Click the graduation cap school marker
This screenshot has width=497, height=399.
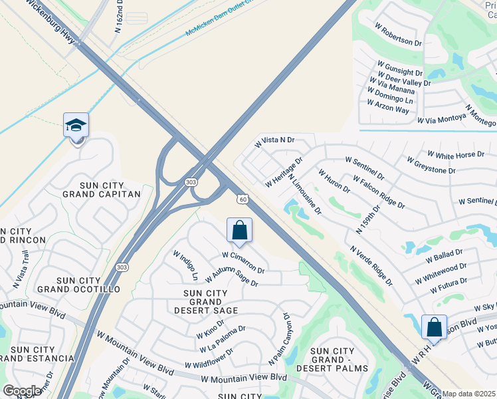click(76, 126)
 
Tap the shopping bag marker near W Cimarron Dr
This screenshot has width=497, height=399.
click(239, 231)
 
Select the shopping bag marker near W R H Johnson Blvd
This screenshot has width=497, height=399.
click(434, 328)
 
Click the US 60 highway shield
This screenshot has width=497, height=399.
click(243, 199)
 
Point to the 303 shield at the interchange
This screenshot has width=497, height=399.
click(191, 182)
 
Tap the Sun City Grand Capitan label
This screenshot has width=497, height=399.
click(102, 188)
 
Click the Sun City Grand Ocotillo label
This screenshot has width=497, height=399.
click(78, 284)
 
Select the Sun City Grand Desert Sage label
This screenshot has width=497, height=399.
click(210, 302)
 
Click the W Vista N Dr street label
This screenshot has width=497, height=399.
click(274, 142)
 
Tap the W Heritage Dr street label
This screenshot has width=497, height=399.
click(284, 172)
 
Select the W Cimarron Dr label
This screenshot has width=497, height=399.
click(243, 263)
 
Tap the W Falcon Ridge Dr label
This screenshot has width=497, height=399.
click(379, 192)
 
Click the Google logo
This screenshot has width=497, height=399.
click(21, 391)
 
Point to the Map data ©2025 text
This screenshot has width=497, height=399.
click(469, 394)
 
